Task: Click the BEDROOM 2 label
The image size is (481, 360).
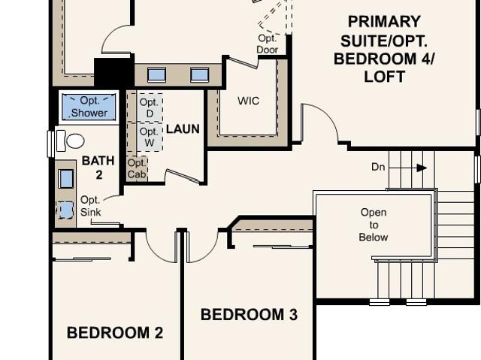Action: (x=115, y=333)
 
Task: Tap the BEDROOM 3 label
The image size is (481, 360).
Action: (x=249, y=315)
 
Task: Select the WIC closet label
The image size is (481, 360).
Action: (x=248, y=101)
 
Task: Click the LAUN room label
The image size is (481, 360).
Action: (x=183, y=129)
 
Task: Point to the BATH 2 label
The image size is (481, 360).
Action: (x=98, y=168)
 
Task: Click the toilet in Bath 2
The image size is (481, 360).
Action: (x=71, y=141)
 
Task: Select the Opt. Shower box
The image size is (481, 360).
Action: (x=89, y=107)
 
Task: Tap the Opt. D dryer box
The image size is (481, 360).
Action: (x=150, y=107)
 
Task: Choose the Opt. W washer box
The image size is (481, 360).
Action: (x=150, y=137)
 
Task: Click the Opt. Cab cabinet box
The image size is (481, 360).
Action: (x=137, y=168)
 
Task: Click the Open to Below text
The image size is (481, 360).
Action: (x=374, y=225)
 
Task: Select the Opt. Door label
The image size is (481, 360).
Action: (x=268, y=44)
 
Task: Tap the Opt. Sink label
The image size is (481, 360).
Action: (x=90, y=206)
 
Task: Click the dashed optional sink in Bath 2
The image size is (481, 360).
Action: (x=65, y=210)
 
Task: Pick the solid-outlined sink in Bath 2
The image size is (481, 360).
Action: (x=66, y=178)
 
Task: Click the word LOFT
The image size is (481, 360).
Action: (x=384, y=77)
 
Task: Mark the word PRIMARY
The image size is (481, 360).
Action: (x=384, y=22)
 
